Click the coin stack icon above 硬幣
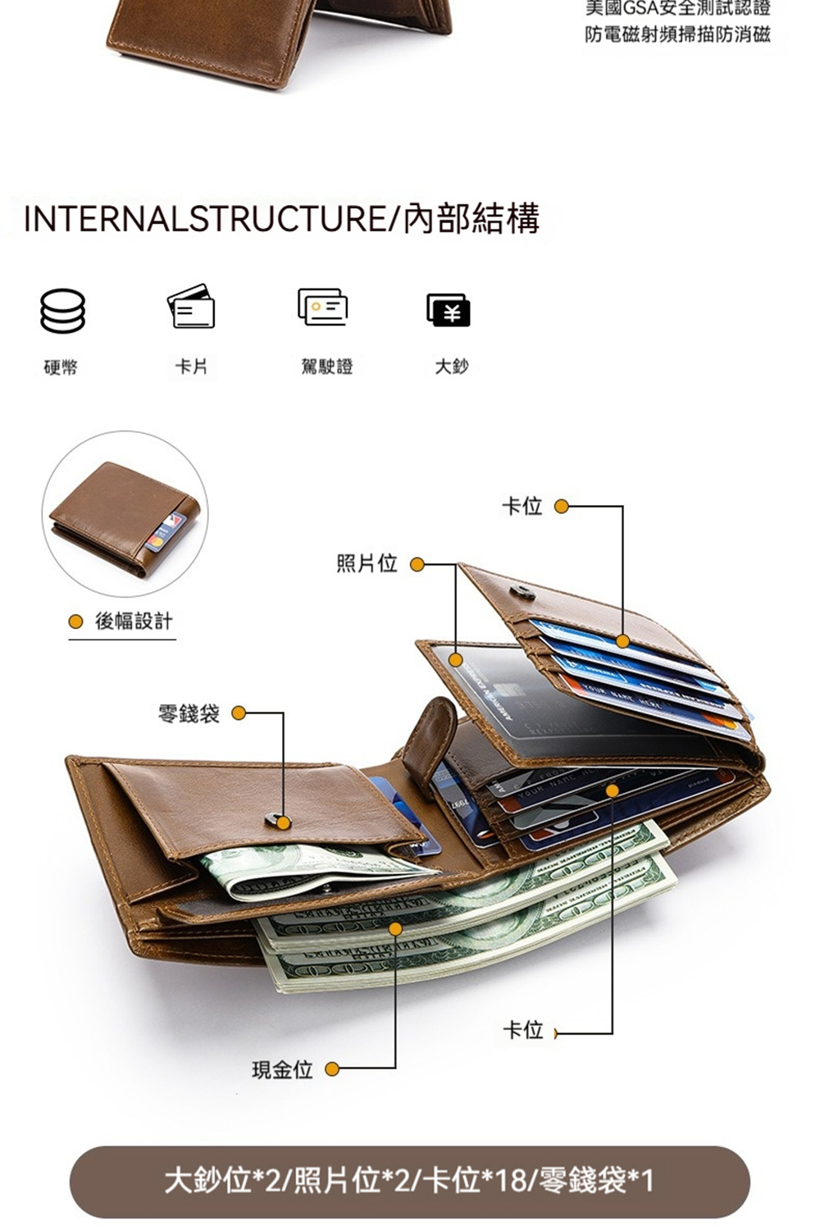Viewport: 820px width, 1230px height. coord(63,311)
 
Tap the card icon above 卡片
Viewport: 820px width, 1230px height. coord(192,307)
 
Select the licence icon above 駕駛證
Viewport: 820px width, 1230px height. coord(322,307)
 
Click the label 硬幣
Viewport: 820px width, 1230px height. coord(61,367)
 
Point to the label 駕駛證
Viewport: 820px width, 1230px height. coord(327,367)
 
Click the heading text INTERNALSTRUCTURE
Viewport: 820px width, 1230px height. coord(204,219)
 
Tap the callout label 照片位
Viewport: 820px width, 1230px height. coord(367,563)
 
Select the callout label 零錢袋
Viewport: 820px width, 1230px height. coord(189,713)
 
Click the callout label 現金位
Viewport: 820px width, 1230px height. coord(282,1069)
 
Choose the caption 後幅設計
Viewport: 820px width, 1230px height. coord(134,621)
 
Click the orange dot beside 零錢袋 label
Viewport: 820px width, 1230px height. coord(239,713)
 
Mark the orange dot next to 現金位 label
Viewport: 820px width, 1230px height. coord(332,1069)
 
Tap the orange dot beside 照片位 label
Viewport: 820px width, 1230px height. coord(417,564)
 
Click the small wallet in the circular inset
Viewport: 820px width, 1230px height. coord(125,517)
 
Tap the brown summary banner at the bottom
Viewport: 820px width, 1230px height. coord(410,1182)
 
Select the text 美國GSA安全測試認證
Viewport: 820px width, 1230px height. coord(677,9)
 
